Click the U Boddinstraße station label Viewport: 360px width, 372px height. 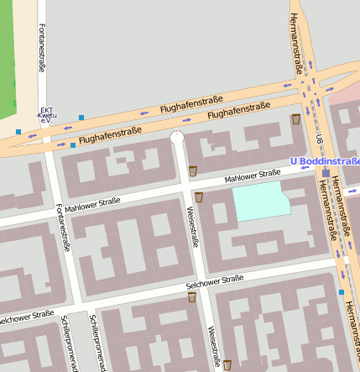pyautogui.click(x=324, y=160)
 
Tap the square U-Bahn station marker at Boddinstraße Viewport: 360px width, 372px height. pyautogui.click(x=326, y=173)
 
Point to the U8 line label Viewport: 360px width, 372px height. pyautogui.click(x=320, y=138)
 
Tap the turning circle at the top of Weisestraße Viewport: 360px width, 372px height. pyautogui.click(x=177, y=137)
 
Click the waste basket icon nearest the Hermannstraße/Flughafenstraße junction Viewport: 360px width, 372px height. pyautogui.click(x=295, y=120)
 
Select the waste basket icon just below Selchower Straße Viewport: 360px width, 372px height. pyautogui.click(x=192, y=297)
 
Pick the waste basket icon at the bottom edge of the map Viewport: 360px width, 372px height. pyautogui.click(x=227, y=364)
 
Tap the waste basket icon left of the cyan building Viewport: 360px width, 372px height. pyautogui.click(x=199, y=197)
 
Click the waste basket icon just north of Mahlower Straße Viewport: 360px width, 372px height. pyautogui.click(x=193, y=171)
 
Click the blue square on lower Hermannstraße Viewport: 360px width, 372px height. pyautogui.click(x=342, y=292)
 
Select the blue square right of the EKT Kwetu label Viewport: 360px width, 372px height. pyautogui.click(x=81, y=117)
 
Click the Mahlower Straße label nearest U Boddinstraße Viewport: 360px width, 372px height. pyautogui.click(x=252, y=177)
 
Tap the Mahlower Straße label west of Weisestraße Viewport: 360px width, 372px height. pyautogui.click(x=92, y=204)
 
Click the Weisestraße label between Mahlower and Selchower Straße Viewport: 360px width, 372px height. pyautogui.click(x=192, y=227)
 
